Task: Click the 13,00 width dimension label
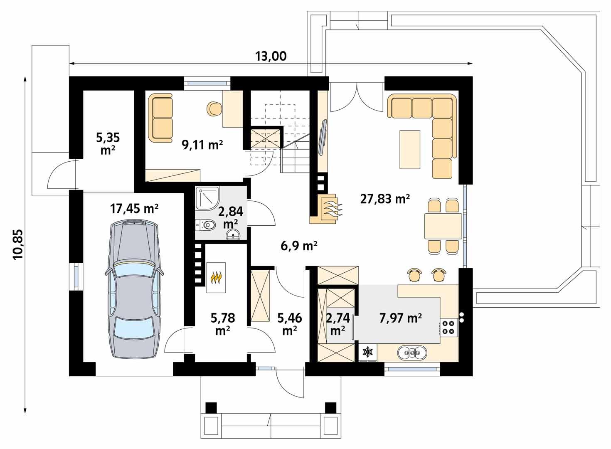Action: coord(271,56)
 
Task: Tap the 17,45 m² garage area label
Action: coord(134,208)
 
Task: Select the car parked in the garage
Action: coord(134,289)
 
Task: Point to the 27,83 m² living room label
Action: coord(385,199)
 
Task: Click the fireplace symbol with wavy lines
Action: coord(330,209)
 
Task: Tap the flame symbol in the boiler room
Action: coord(216,277)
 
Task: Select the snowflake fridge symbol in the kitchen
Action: coord(368,352)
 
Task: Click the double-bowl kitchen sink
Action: coord(412,353)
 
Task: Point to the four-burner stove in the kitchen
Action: coord(448,327)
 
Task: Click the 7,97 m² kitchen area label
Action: coord(400,318)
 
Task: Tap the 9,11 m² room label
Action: coord(202,145)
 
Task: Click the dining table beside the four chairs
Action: coord(443,226)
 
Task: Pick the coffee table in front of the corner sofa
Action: coord(410,149)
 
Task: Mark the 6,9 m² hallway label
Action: coord(299,246)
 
